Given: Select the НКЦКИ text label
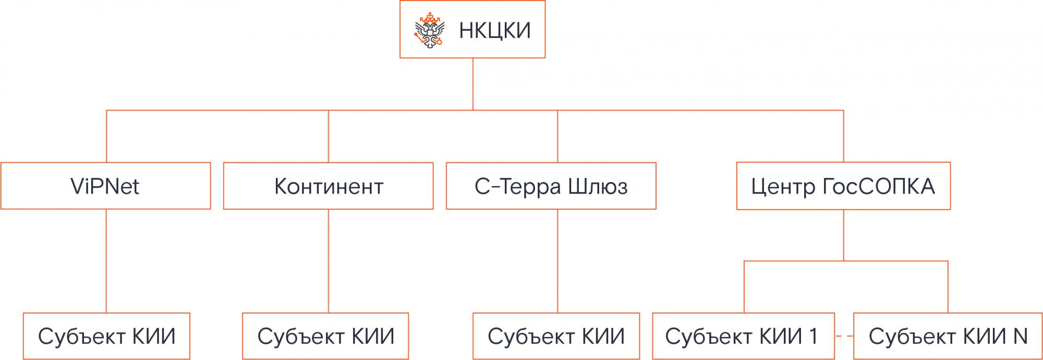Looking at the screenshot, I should point(494,30).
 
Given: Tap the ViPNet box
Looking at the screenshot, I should point(105,186).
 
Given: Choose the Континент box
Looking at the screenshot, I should point(329,186).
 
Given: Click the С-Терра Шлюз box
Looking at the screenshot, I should point(551,186).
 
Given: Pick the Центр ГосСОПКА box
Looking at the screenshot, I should point(843,186).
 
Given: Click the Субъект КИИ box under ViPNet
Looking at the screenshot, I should point(106,337).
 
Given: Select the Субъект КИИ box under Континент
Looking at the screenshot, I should point(325,337).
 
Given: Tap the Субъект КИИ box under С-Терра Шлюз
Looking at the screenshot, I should point(556,337).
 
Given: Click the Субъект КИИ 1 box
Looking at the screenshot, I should point(743,337).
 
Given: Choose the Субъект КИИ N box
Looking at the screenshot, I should point(948,337).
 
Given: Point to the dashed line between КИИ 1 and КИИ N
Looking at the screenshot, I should point(844,337).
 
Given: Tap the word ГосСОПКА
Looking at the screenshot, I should point(879,187).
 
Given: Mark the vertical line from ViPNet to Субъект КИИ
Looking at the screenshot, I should point(106,261).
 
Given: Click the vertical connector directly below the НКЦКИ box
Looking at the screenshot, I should point(473,83).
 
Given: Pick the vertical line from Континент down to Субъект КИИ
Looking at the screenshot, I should point(329,261).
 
